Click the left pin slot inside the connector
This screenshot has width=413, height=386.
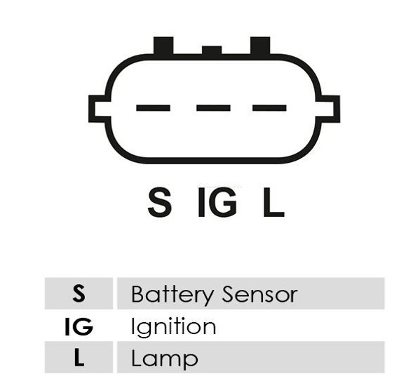click(x=153, y=108)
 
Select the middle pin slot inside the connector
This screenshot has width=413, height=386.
click(x=213, y=108)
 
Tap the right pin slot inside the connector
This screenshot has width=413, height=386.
click(x=269, y=108)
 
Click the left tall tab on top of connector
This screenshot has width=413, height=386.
click(x=163, y=46)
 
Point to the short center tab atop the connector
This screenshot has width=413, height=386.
click(x=212, y=50)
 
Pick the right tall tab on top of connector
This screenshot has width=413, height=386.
click(x=260, y=46)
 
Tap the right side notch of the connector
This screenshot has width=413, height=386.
click(x=330, y=109)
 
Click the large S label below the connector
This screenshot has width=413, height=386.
click(x=160, y=202)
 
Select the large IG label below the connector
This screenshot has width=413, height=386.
click(x=217, y=202)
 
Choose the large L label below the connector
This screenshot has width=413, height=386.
click(x=274, y=202)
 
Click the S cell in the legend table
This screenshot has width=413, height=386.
click(x=79, y=293)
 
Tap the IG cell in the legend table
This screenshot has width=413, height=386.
click(x=79, y=326)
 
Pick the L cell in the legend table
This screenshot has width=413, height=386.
click(x=79, y=357)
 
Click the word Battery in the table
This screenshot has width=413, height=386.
click(x=172, y=295)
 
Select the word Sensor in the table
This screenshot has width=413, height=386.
click(x=260, y=294)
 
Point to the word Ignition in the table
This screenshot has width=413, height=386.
click(x=173, y=328)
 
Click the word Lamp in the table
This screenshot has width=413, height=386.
click(x=164, y=359)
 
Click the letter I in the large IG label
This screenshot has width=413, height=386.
click(x=201, y=202)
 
